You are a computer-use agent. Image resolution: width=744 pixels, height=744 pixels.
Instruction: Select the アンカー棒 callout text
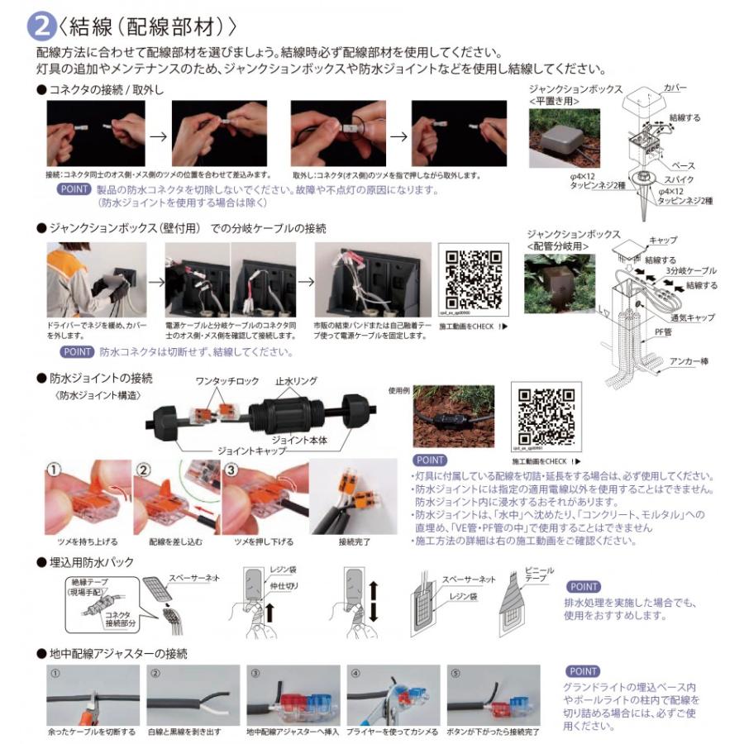[685, 361]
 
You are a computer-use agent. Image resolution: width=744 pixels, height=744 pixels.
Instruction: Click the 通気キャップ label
[691, 317]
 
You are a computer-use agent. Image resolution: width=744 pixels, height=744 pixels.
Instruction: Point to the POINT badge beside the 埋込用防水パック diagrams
[584, 587]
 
